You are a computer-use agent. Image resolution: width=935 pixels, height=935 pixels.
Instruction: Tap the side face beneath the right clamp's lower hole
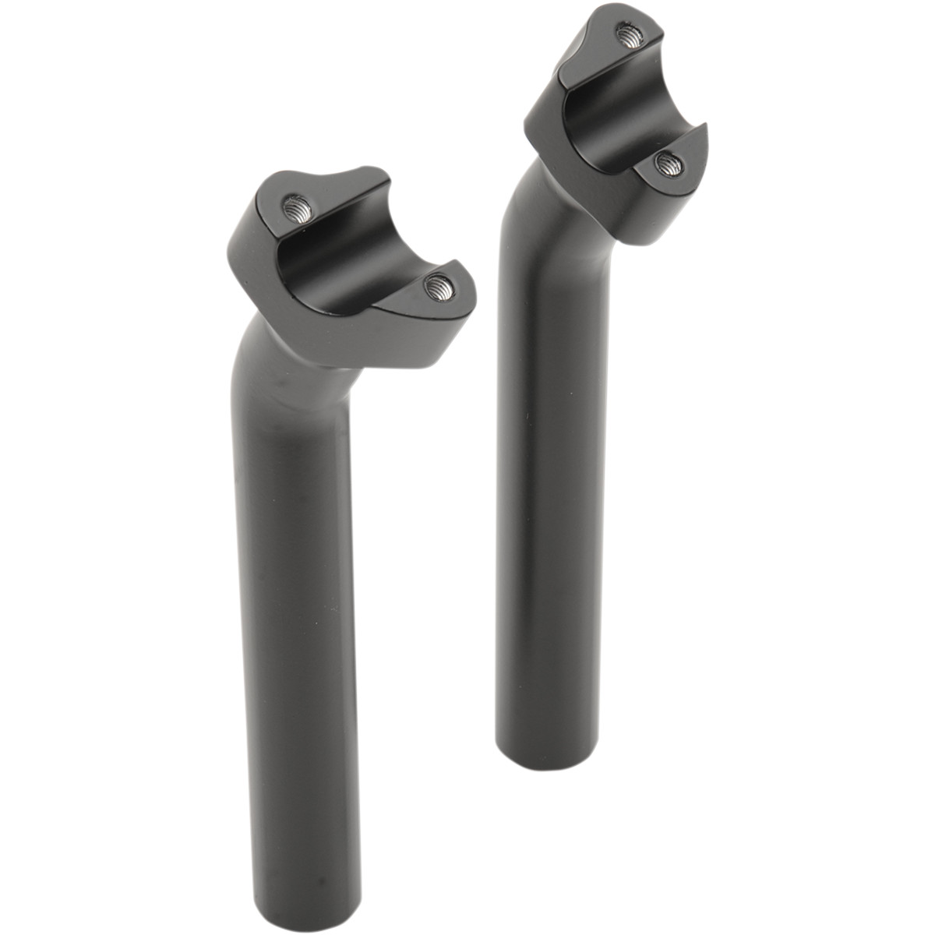point(662,203)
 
